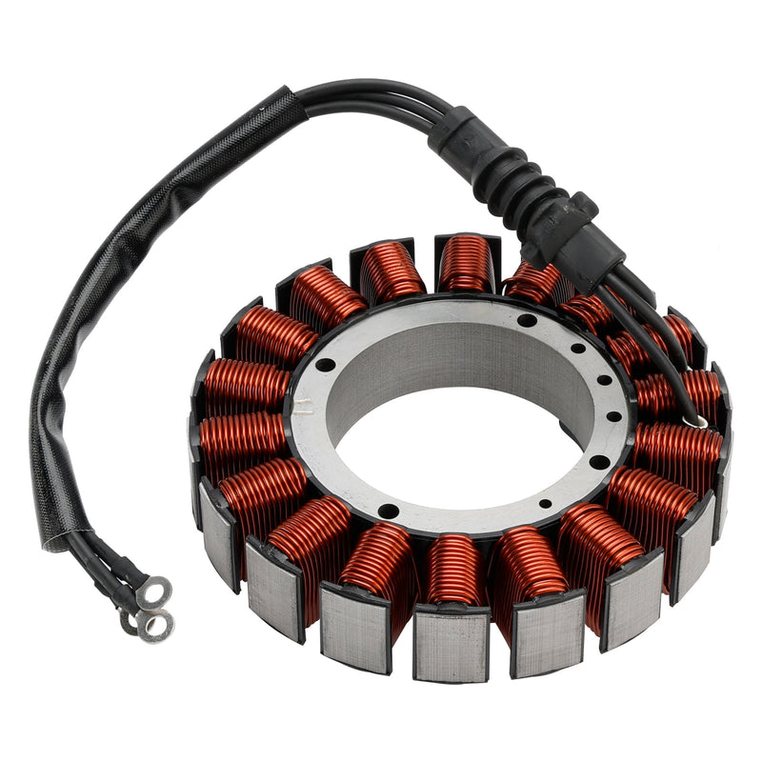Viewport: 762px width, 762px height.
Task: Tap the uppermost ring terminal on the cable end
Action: click(x=153, y=592)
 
